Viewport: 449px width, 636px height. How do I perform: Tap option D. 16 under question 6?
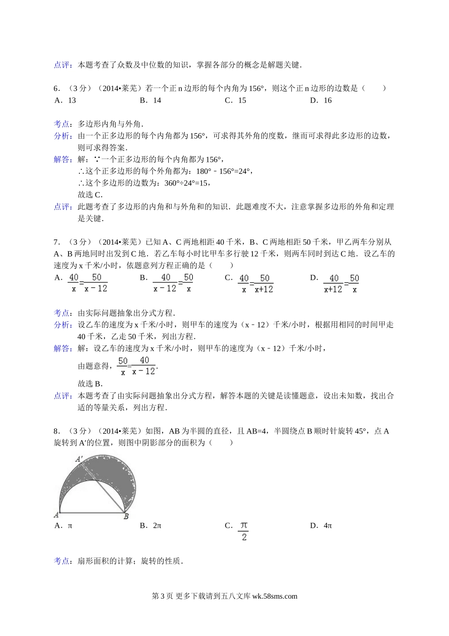pyautogui.click(x=321, y=100)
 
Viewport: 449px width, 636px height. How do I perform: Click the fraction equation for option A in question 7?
pyautogui.click(x=88, y=283)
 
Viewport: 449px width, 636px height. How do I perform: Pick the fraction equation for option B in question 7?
pyautogui.click(x=173, y=283)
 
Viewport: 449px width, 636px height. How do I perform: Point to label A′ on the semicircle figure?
pyautogui.click(x=79, y=458)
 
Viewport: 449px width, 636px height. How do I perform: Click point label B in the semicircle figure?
pyautogui.click(x=126, y=517)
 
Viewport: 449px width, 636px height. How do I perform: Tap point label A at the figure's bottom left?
pyautogui.click(x=56, y=514)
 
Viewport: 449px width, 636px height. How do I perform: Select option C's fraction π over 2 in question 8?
pyautogui.click(x=244, y=531)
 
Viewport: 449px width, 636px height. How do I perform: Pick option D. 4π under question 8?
pyautogui.click(x=321, y=526)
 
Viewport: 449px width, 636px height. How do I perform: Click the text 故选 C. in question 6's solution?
pyautogui.click(x=90, y=194)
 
